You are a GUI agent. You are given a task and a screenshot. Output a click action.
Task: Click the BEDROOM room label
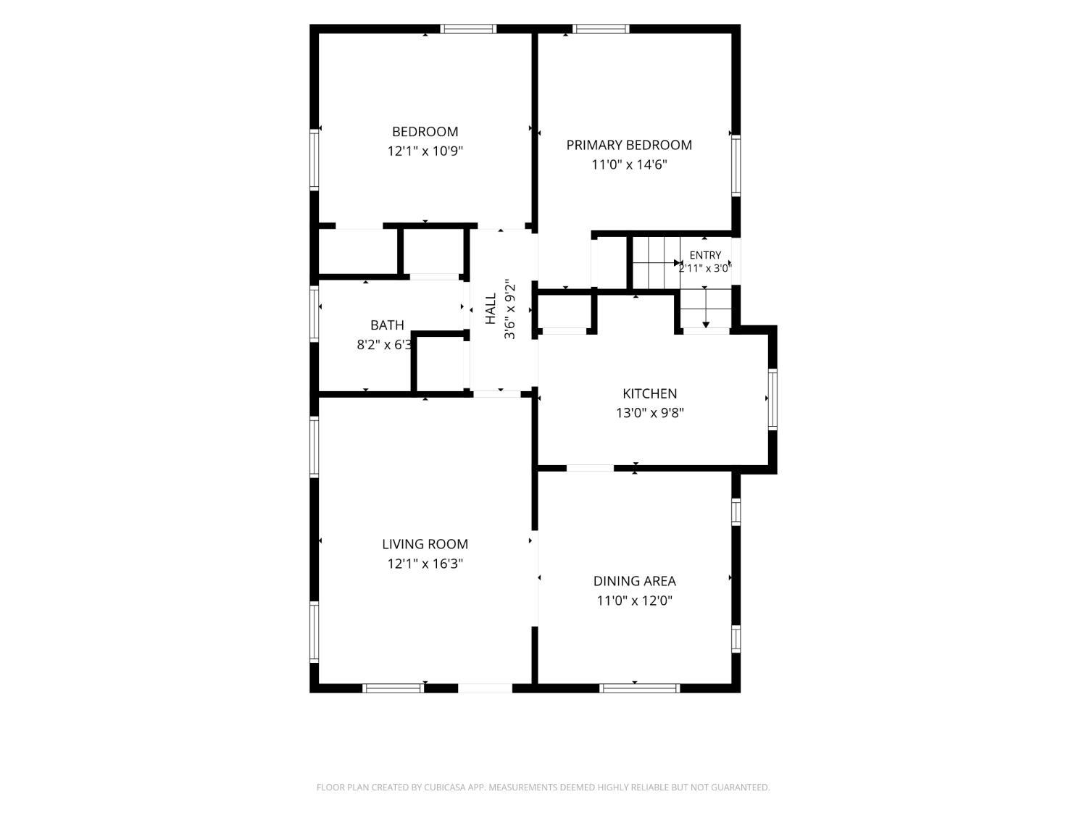tap(425, 132)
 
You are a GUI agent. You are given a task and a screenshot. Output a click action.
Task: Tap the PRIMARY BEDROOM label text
tap(629, 145)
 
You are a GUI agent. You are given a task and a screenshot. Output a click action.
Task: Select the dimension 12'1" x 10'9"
tap(425, 151)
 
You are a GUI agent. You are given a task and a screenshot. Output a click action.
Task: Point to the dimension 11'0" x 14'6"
tap(629, 164)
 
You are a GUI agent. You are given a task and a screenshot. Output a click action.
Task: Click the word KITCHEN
tap(650, 393)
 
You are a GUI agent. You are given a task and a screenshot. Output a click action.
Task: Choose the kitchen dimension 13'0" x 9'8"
tap(650, 413)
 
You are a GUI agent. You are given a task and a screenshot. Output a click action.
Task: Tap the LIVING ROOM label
tap(425, 544)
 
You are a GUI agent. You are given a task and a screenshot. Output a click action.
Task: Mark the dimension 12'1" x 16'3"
tap(425, 563)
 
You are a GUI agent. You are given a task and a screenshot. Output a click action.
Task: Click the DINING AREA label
tap(634, 580)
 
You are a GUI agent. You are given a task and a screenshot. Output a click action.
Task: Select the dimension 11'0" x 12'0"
tap(634, 601)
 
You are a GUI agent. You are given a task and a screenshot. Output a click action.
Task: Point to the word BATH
tap(387, 325)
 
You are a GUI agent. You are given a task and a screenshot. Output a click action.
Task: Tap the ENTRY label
tap(705, 255)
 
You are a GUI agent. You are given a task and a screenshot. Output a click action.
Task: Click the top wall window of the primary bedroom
tap(601, 29)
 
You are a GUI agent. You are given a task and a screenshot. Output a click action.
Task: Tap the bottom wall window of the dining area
tap(639, 687)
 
